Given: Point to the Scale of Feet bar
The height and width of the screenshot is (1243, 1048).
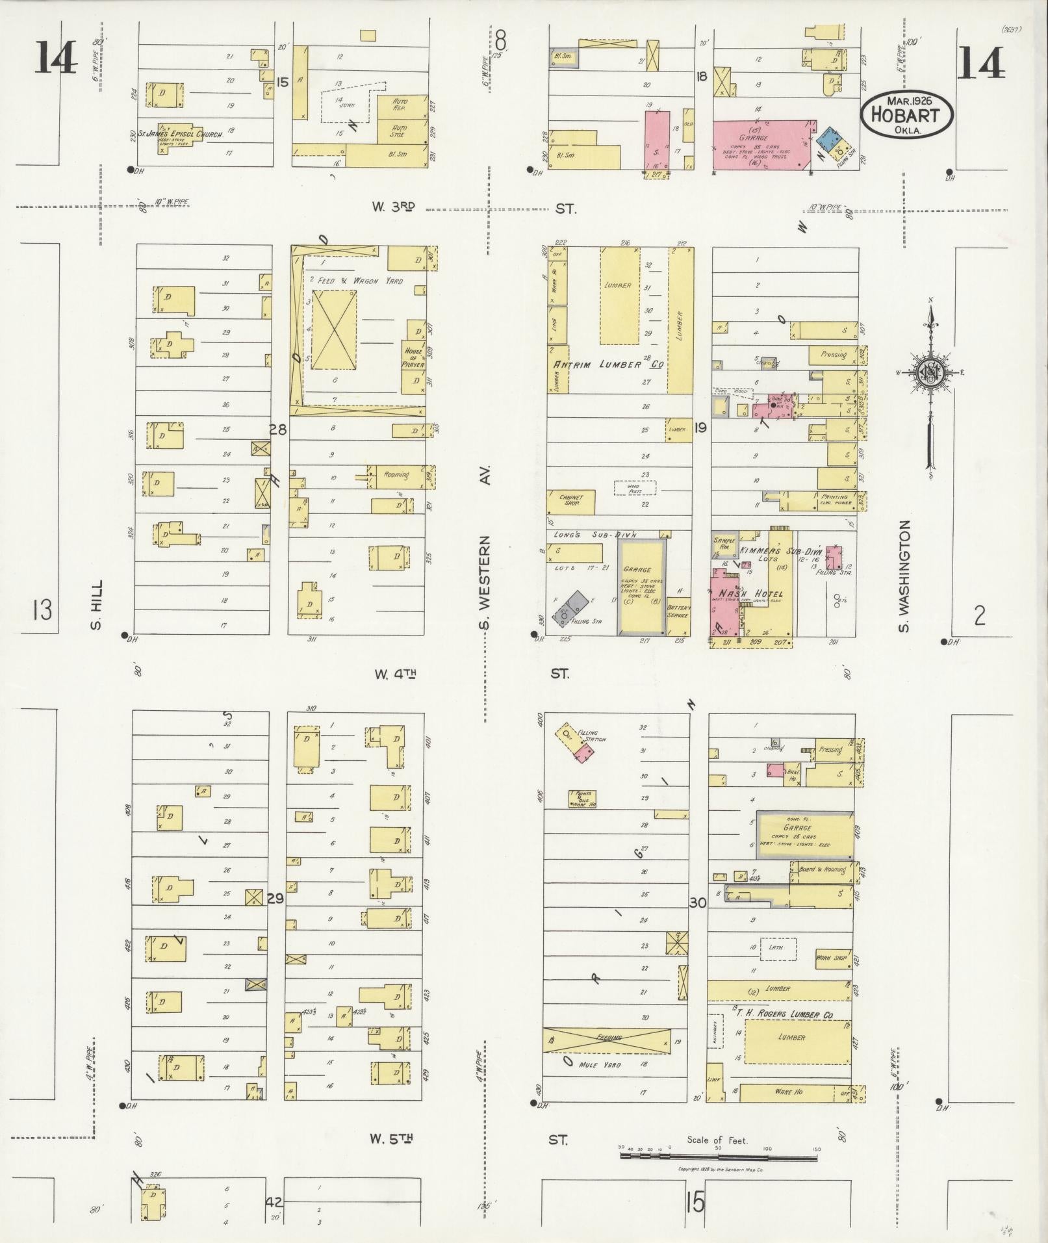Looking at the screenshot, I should [x=718, y=1157].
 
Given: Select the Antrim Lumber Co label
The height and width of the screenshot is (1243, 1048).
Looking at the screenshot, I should [x=607, y=365].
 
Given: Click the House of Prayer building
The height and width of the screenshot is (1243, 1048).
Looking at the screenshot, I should [x=413, y=357].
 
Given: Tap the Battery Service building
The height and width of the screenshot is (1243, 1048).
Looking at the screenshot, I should [x=679, y=611].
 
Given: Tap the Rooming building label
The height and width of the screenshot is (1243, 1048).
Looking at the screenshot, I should [x=396, y=475].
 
